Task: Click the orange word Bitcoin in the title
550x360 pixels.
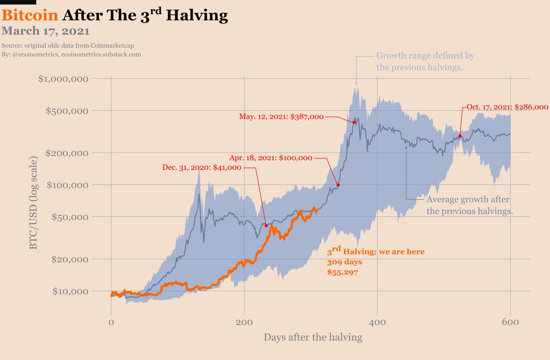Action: [x=30, y=16]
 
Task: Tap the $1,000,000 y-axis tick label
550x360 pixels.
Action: [x=63, y=78]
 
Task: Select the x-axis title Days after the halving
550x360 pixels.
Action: [x=313, y=338]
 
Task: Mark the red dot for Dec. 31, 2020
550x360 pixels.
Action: [x=266, y=225]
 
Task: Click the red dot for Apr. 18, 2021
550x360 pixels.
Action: [x=338, y=185]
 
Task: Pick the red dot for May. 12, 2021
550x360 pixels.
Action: [x=354, y=122]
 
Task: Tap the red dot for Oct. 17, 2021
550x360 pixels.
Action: [x=460, y=136]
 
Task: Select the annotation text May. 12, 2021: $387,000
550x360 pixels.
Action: [x=281, y=117]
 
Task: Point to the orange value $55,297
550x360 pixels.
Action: [x=342, y=272]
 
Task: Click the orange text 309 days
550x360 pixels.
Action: [x=344, y=262]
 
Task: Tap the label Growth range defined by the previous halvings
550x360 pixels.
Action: [x=425, y=62]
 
